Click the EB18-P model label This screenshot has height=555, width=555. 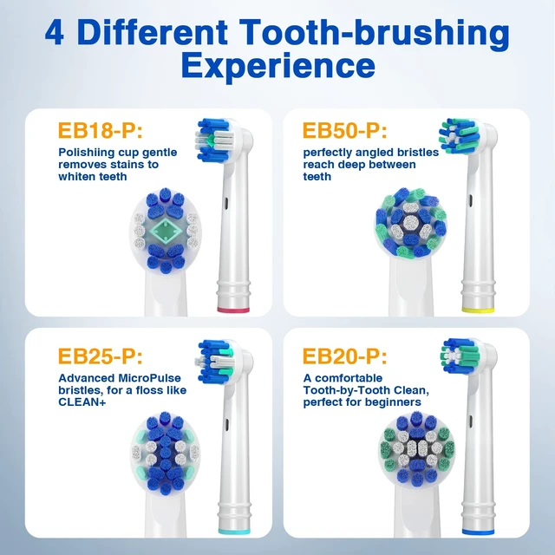click(x=101, y=130)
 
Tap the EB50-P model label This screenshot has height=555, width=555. click(x=345, y=130)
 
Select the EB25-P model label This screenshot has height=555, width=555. click(x=101, y=356)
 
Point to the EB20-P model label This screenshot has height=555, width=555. click(x=345, y=356)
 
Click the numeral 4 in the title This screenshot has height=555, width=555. click(x=55, y=33)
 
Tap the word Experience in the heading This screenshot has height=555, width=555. click(x=277, y=65)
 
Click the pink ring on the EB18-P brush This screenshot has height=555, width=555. click(x=233, y=310)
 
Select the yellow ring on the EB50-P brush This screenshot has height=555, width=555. click(x=478, y=310)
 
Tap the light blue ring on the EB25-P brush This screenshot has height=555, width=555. click(x=234, y=532)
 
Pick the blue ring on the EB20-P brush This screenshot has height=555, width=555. click(x=478, y=532)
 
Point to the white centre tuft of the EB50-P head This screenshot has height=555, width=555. click(x=411, y=223)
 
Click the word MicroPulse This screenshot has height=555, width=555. click(x=149, y=378)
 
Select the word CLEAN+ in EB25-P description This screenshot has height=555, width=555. click(x=82, y=402)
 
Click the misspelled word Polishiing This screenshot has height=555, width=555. click(x=87, y=153)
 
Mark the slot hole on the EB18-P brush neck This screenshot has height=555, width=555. click(x=226, y=203)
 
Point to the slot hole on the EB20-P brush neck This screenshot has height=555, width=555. click(x=471, y=421)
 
